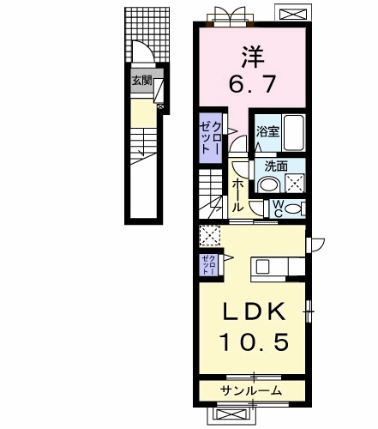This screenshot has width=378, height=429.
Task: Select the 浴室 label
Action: pyautogui.click(x=267, y=131)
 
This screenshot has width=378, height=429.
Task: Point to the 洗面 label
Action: pyautogui.click(x=274, y=166)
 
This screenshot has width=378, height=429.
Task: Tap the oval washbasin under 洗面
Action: pyautogui.click(x=268, y=184)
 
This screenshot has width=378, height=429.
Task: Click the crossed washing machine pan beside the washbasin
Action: pyautogui.click(x=295, y=182)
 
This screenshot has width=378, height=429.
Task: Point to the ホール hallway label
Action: pyautogui.click(x=237, y=192)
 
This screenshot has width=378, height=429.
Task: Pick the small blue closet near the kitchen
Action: pyautogui.click(x=208, y=263)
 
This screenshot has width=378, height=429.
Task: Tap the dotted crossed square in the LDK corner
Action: pyautogui.click(x=209, y=234)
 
